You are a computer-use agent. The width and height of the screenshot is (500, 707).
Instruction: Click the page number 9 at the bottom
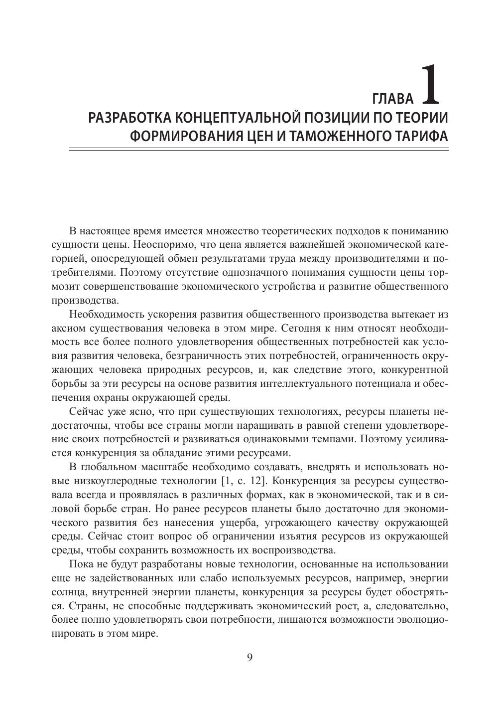250,657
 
